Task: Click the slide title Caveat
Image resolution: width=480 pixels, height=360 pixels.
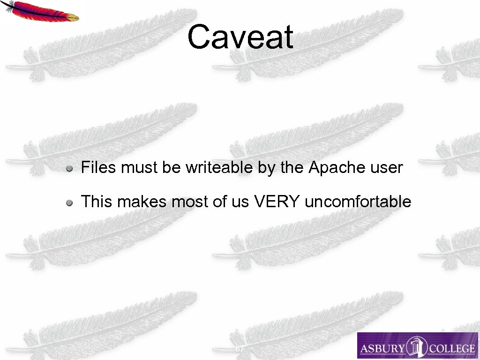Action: click(240, 37)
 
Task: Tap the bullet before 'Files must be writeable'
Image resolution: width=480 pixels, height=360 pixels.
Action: click(69, 168)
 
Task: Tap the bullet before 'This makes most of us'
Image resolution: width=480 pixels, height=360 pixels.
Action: click(69, 202)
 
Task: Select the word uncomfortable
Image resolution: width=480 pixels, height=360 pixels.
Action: click(358, 202)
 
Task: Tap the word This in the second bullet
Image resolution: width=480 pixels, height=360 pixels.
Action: click(97, 202)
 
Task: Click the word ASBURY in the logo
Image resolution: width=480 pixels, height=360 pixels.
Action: click(381, 348)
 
